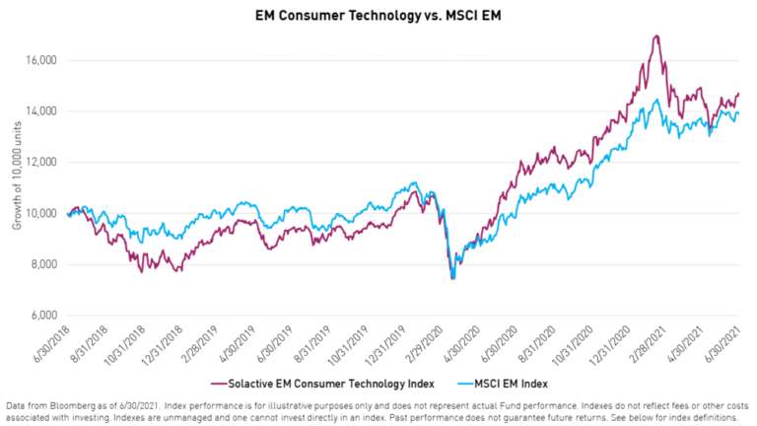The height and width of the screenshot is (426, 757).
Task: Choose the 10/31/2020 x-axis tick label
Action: coord(577,346)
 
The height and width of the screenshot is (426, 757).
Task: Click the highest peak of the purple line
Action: coord(655,36)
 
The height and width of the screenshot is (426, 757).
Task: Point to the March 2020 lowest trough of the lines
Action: coord(452,278)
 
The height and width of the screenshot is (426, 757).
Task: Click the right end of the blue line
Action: coord(738,113)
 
